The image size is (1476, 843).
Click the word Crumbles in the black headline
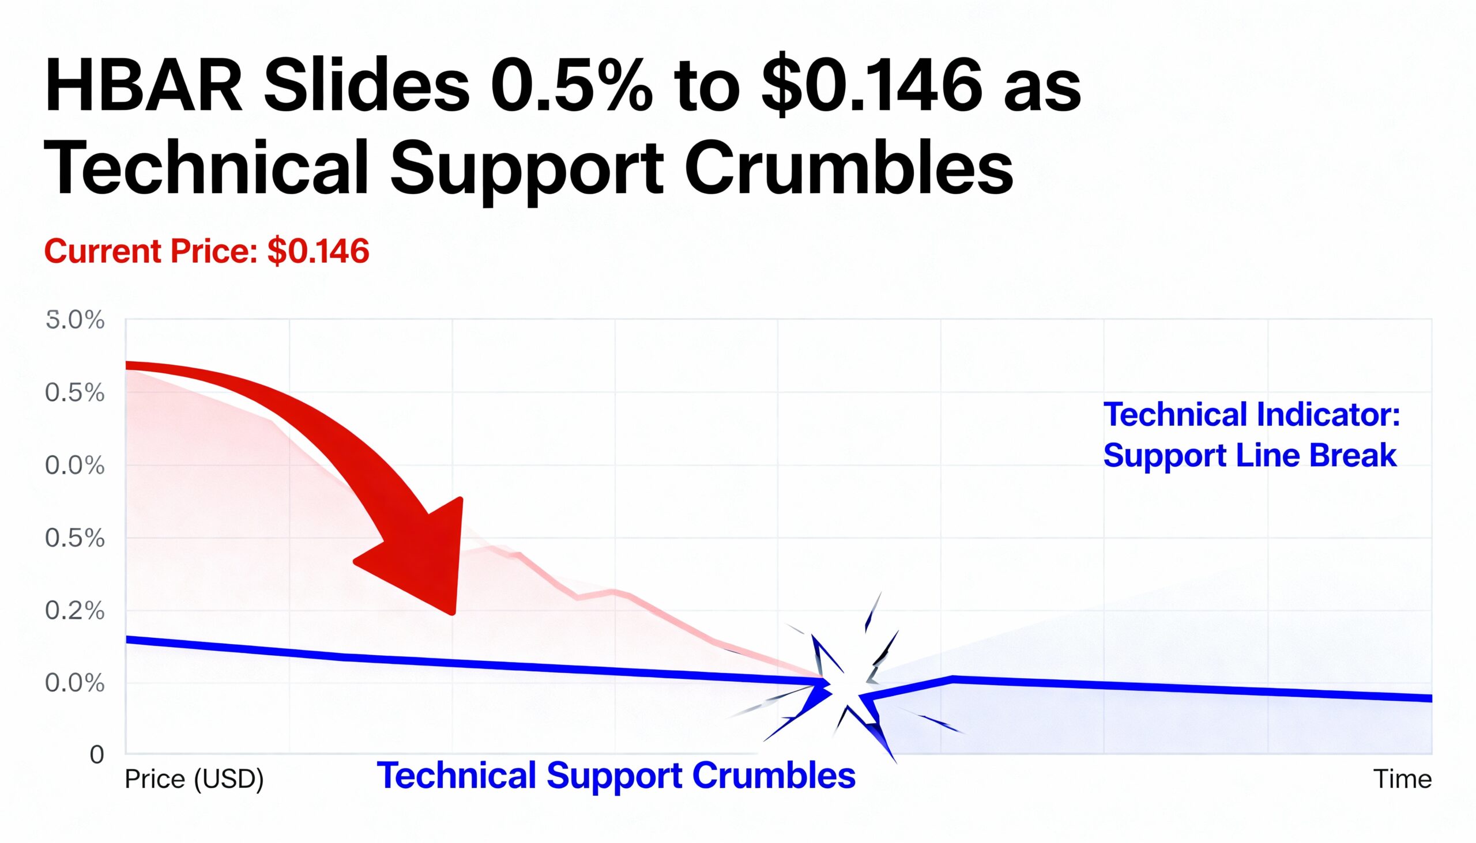pos(849,168)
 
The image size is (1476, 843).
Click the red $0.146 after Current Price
pos(318,251)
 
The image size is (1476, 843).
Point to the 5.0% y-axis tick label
pos(75,320)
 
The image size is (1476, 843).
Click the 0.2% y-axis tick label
pos(75,611)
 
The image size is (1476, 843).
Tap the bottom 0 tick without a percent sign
pos(97,755)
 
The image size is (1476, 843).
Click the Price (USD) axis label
pos(194,779)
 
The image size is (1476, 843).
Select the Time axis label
pos(1402,779)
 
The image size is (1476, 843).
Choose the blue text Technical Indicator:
pos(1251,415)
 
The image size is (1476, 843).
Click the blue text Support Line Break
pos(1249,456)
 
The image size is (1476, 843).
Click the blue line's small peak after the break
pos(952,679)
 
